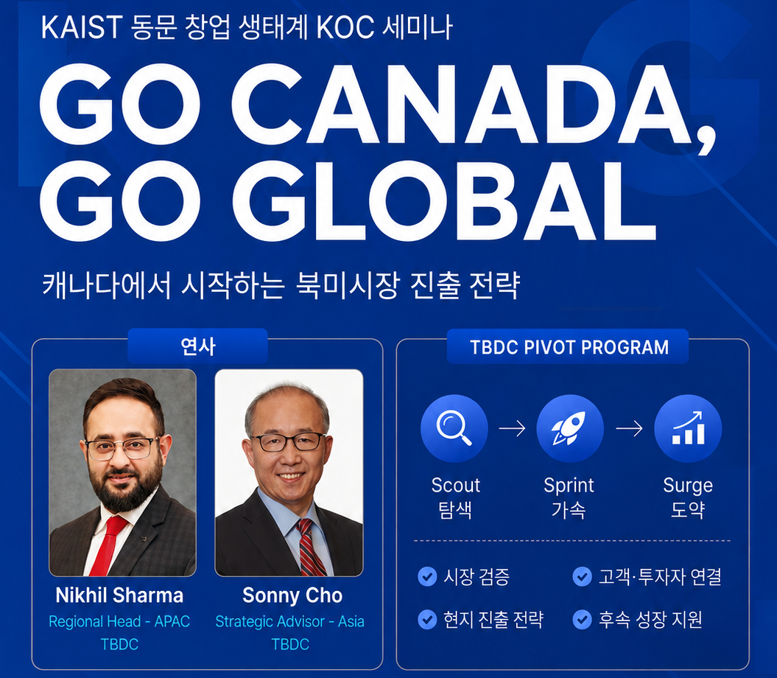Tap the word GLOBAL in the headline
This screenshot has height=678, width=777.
click(x=443, y=201)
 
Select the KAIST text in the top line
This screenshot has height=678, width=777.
click(x=82, y=27)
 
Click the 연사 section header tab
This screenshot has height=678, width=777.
click(x=197, y=346)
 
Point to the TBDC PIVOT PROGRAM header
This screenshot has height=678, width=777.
click(x=569, y=346)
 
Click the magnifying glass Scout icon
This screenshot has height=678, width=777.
click(x=454, y=428)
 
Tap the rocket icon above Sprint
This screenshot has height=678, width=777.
click(x=570, y=428)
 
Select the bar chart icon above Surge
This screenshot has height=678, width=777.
click(x=688, y=428)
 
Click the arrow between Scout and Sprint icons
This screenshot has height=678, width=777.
click(x=512, y=428)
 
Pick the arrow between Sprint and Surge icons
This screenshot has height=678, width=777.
click(x=629, y=428)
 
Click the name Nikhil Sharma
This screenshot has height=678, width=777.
click(x=119, y=595)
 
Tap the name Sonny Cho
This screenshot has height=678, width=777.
click(x=292, y=595)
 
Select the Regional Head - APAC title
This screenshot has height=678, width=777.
click(x=119, y=621)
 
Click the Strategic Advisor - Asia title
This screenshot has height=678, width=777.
click(x=290, y=621)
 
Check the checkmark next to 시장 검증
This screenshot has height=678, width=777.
click(x=427, y=577)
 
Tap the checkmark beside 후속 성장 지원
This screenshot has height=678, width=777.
click(x=583, y=620)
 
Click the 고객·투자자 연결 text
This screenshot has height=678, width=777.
click(x=660, y=577)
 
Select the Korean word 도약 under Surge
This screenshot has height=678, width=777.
click(x=688, y=510)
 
